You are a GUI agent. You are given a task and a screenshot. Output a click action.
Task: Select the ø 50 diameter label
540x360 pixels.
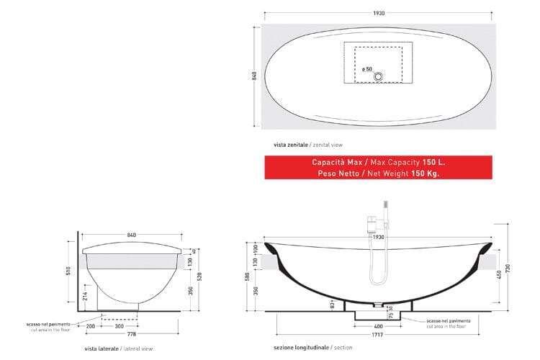tap(367, 70)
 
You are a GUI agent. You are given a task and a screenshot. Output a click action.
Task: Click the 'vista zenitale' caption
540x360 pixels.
tap(282, 144)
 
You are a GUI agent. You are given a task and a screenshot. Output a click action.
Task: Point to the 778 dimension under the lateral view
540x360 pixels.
tap(132, 335)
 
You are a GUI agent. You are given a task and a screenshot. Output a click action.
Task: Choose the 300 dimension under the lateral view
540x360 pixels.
tap(118, 326)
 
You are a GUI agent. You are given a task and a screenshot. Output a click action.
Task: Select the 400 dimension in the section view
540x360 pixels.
tap(378, 326)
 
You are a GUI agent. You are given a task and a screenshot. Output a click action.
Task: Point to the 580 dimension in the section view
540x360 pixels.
tap(248, 276)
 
